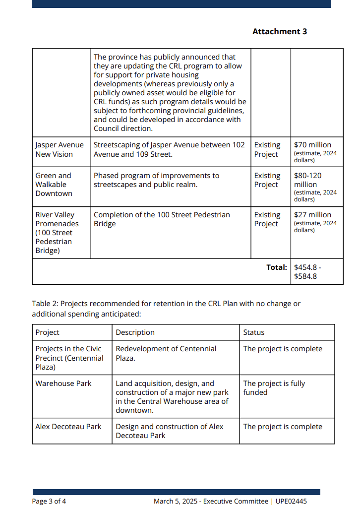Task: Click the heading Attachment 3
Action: pos(280,31)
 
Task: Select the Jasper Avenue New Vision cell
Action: pos(60,149)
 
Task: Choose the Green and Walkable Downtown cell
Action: pos(54,184)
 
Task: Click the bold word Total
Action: pos(276,267)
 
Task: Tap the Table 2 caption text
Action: pos(166,309)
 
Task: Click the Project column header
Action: pos(48,332)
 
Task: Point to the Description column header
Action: pos(135,332)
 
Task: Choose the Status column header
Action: pos(254,332)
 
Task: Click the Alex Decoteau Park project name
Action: pos(68,427)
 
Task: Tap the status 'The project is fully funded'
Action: pos(274,387)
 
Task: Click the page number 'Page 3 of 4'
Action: pos(49,501)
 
